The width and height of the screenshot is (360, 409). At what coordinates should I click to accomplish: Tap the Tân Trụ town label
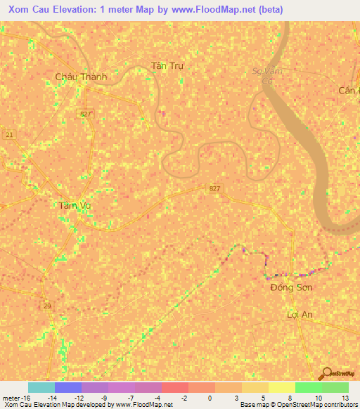(167, 66)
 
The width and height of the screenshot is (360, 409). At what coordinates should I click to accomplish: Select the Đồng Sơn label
(291, 287)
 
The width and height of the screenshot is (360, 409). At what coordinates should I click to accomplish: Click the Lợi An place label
(300, 314)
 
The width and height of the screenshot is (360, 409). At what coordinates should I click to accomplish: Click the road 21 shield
(9, 134)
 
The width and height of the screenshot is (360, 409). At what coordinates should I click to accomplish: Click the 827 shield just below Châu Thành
(85, 113)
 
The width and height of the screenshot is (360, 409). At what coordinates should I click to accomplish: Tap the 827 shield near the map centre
(215, 188)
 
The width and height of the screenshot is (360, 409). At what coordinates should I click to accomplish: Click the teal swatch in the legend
(41, 387)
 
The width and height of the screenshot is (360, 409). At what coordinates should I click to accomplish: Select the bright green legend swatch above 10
(308, 387)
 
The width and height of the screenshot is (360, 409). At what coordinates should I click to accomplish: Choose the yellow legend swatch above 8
(281, 387)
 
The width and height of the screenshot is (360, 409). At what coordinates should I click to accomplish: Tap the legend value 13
(345, 398)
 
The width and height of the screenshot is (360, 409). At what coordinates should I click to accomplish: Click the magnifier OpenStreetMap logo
(326, 373)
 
